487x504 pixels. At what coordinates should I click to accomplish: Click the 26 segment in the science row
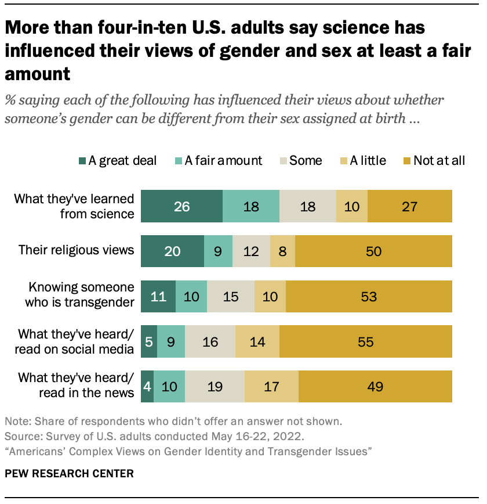click(181, 206)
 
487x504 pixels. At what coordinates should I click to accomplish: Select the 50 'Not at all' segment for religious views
click(373, 251)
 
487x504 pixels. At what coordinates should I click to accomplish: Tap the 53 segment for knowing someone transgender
click(368, 296)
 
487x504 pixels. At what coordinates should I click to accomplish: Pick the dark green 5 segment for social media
click(149, 341)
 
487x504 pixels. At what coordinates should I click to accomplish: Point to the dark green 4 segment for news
click(147, 386)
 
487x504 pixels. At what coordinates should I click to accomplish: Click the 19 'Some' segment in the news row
click(215, 386)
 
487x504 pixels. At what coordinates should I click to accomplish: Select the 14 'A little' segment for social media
click(257, 341)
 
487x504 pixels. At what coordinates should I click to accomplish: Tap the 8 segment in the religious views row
click(282, 251)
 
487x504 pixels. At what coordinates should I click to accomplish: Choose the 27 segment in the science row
click(410, 206)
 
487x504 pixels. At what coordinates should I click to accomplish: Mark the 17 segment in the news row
click(271, 386)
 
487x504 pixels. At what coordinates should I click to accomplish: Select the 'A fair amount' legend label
click(223, 161)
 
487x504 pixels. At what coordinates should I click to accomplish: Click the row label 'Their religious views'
click(76, 251)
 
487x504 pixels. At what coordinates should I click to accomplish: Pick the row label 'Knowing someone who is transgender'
click(81, 296)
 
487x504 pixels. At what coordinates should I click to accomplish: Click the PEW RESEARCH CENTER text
click(69, 474)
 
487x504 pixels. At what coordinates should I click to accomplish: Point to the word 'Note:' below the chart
click(17, 422)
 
